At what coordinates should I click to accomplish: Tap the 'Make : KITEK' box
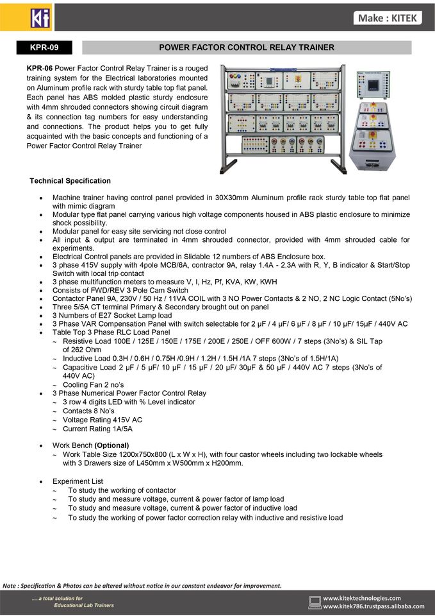(x=388, y=18)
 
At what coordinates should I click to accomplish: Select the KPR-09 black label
(x=44, y=47)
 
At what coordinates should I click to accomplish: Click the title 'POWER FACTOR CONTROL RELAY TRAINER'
(x=247, y=47)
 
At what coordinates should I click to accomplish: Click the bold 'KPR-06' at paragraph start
(x=40, y=68)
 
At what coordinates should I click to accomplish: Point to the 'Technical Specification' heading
(x=70, y=181)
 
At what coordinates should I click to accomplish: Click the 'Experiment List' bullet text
(x=78, y=481)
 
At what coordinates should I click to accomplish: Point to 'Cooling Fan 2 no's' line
(x=93, y=384)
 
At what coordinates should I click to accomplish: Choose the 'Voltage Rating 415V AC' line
(x=103, y=420)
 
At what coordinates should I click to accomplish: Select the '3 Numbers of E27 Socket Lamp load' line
(x=112, y=315)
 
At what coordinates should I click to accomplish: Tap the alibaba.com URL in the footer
(x=373, y=606)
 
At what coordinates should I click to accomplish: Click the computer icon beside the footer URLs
(x=315, y=603)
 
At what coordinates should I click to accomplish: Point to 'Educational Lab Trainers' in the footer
(x=84, y=605)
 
